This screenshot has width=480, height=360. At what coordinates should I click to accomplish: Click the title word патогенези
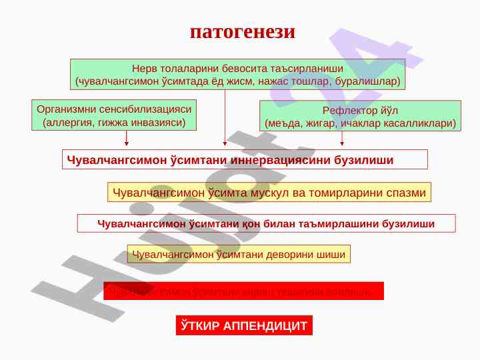[242, 31]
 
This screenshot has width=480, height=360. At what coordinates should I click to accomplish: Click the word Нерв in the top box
[143, 69]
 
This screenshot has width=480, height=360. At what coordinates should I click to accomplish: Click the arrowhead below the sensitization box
[127, 142]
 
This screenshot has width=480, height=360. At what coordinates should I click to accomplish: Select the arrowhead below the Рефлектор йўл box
[342, 142]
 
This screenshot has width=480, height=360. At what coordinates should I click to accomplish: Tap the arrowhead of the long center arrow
[225, 142]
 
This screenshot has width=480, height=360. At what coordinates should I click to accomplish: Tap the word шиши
[333, 254]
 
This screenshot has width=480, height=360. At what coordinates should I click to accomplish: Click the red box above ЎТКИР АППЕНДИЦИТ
[244, 291]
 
